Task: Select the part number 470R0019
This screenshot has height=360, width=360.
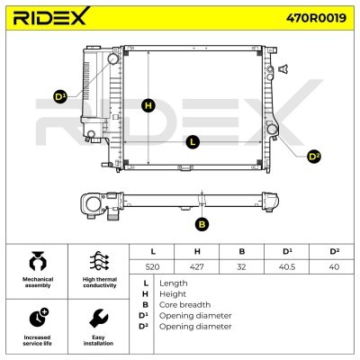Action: tap(316, 18)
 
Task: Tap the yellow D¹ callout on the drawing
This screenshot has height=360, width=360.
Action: tap(60, 97)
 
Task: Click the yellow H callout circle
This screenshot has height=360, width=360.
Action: tap(148, 105)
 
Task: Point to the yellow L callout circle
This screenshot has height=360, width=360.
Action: tap(193, 142)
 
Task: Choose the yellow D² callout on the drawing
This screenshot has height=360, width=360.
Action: tap(314, 157)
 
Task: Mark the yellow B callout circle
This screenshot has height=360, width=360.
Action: tap(202, 224)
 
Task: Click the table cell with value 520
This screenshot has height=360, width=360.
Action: tap(152, 266)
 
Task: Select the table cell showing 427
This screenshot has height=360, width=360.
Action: tap(197, 266)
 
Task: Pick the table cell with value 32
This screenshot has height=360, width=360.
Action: tap(241, 266)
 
